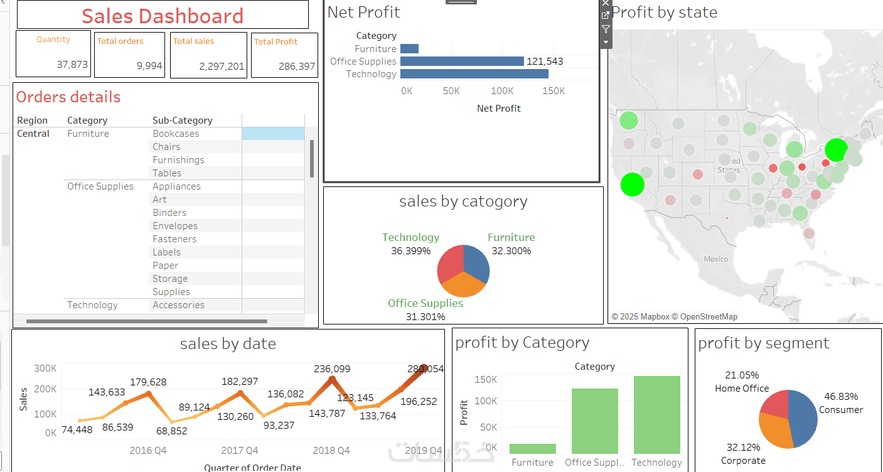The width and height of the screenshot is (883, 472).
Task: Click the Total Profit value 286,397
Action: [x=297, y=67]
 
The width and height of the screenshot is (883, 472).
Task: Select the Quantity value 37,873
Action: [x=72, y=65]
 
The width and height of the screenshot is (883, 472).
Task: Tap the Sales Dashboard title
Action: [x=163, y=16]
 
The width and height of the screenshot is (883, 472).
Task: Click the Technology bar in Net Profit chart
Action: [x=474, y=74]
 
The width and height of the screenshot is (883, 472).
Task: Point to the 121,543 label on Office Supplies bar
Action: [x=545, y=62]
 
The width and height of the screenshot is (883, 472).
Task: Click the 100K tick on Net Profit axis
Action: [x=502, y=91]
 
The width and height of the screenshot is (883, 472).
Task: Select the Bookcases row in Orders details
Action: [x=176, y=134]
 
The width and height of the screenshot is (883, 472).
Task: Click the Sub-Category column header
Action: [x=183, y=121]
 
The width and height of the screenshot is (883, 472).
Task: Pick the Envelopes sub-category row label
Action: [x=175, y=226]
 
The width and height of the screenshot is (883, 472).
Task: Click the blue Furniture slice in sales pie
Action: [x=476, y=262]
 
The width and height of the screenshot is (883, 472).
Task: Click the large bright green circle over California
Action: [x=633, y=185]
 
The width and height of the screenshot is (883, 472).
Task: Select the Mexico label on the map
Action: [x=715, y=259]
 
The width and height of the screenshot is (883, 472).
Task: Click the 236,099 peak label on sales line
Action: [x=332, y=369]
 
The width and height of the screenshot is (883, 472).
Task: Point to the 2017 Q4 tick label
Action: [x=240, y=451]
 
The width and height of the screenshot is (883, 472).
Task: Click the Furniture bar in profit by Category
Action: [x=532, y=449]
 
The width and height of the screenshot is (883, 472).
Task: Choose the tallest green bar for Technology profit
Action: [x=656, y=414]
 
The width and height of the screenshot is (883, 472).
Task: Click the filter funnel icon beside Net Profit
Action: [x=606, y=29]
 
